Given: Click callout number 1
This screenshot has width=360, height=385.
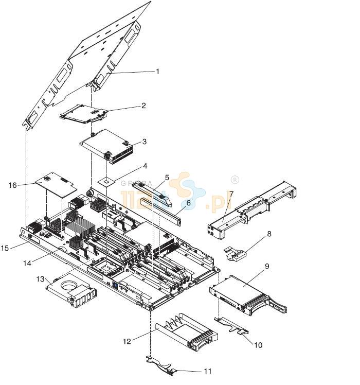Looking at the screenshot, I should (157, 72).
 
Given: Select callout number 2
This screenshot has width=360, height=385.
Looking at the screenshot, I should (143, 106).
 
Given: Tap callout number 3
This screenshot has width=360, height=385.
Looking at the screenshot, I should (145, 142).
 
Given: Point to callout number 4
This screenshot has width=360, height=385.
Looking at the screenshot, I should (145, 166).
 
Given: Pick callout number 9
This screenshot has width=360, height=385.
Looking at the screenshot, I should (267, 267).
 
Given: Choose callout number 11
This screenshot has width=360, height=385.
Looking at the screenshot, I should (207, 371).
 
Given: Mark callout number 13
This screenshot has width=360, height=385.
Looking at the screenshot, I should (41, 278).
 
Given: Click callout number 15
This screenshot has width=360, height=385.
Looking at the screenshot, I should (5, 248).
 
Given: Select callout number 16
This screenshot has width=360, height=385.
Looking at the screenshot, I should (12, 185).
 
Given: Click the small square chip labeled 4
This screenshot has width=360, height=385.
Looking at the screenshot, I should (107, 180).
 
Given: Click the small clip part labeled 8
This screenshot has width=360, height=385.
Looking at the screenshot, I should (236, 252).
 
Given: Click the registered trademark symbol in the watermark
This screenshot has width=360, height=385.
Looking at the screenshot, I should (235, 180).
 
